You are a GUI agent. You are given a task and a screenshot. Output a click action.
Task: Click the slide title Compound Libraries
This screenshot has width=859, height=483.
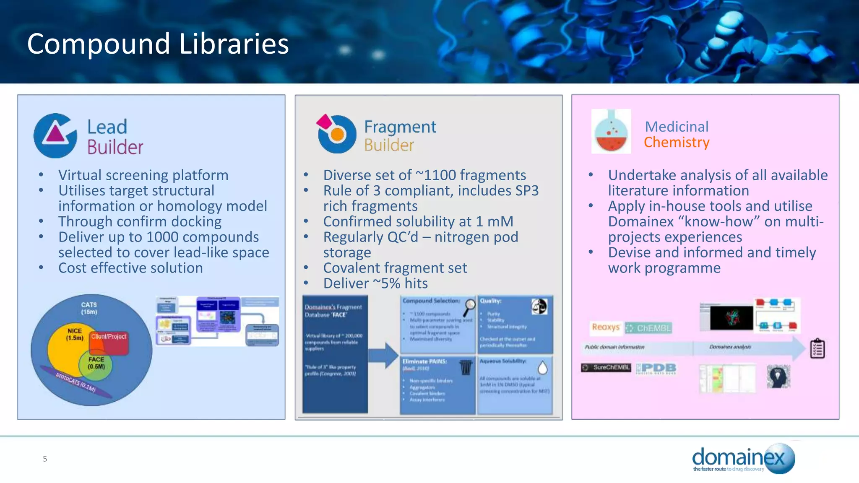tap(158, 44)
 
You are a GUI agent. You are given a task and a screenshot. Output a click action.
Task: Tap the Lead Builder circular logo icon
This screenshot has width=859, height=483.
tap(55, 135)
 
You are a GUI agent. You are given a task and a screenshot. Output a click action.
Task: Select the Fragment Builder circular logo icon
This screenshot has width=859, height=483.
tap(336, 134)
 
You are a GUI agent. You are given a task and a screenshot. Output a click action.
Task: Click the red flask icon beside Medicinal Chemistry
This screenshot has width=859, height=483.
tap(611, 131)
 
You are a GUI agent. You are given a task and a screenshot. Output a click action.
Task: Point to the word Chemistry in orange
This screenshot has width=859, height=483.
tap(676, 143)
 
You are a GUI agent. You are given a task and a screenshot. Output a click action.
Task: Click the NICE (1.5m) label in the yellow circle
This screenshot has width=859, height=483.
tap(74, 334)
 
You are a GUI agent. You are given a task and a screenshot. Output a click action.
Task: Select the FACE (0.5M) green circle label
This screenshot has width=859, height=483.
tap(96, 363)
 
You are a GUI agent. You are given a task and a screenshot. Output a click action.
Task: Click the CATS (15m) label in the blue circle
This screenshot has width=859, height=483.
tap(89, 308)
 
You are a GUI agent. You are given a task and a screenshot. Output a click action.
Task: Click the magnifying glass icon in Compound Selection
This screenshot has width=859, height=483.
tap(469, 307)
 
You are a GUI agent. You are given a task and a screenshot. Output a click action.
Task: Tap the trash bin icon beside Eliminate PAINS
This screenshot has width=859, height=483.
tap(466, 367)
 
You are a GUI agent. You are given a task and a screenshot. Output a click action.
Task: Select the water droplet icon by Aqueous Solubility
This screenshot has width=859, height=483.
tap(542, 368)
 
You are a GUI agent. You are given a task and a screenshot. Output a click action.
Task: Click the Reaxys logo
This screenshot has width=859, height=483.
tap(605, 327)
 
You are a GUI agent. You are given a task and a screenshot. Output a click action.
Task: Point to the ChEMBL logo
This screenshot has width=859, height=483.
tap(648, 328)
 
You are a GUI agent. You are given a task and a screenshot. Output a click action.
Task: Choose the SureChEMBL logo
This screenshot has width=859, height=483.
tap(606, 367)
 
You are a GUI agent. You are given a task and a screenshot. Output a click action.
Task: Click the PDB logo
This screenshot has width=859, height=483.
tap(656, 368)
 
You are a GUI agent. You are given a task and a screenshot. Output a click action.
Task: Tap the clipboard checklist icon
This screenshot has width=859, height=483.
tap(817, 348)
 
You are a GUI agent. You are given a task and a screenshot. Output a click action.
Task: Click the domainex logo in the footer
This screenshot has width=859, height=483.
tap(743, 459)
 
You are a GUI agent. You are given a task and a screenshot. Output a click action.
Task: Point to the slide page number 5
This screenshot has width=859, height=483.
tap(45, 459)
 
